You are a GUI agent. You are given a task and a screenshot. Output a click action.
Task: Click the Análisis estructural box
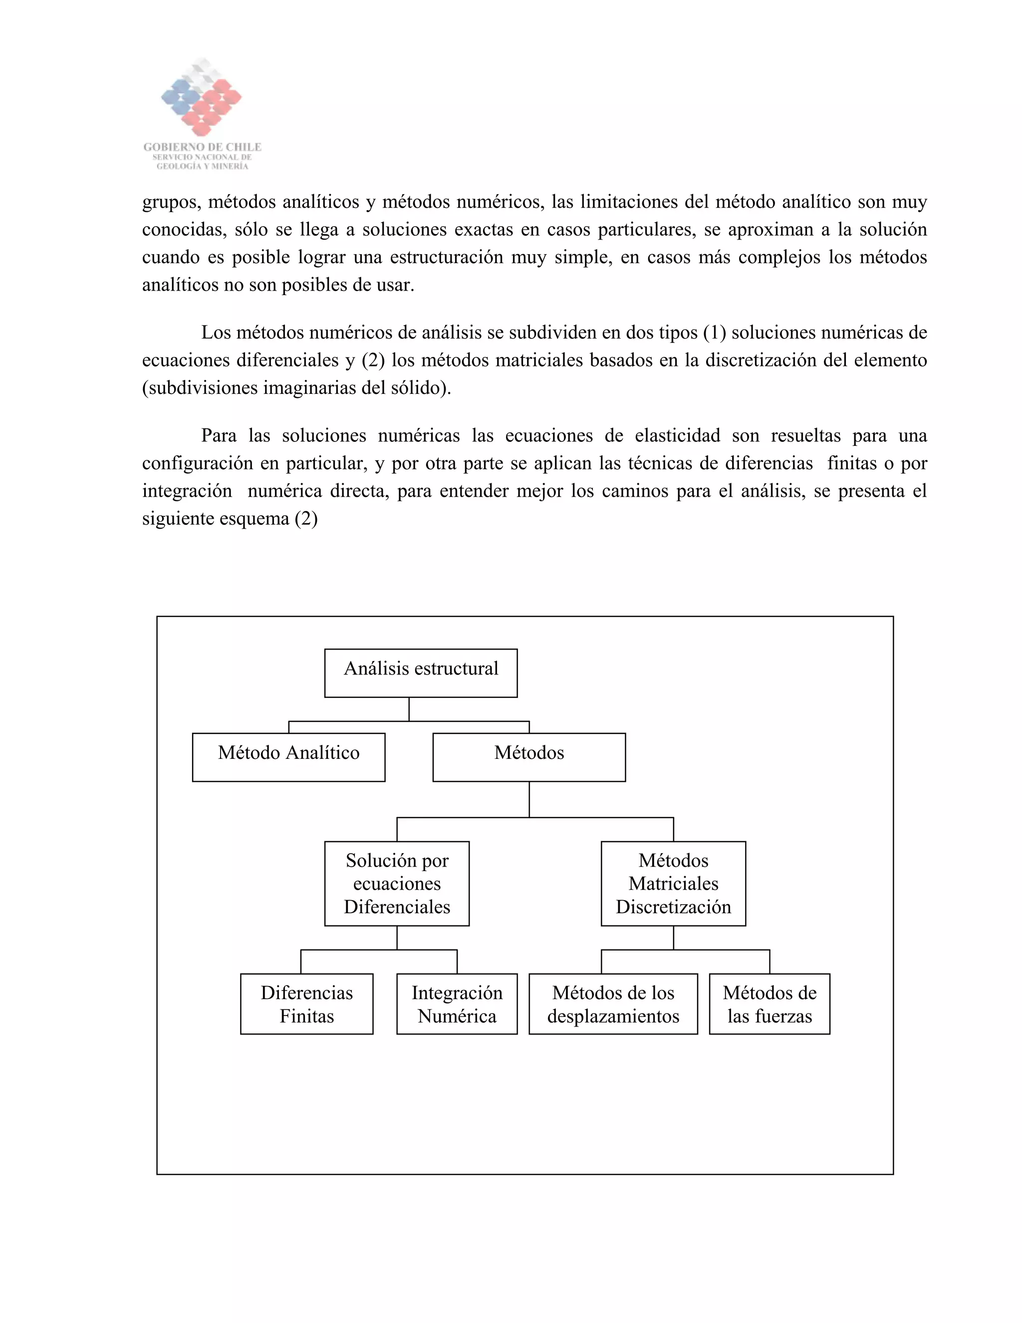pyautogui.click(x=421, y=673)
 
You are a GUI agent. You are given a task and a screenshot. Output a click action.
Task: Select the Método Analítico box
pyautogui.click(x=289, y=757)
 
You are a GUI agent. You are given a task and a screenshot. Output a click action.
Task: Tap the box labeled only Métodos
pyautogui.click(x=529, y=757)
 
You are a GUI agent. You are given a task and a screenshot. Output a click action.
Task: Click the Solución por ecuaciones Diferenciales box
pyautogui.click(x=397, y=884)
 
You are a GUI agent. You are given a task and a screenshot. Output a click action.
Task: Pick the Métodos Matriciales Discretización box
pyautogui.click(x=673, y=884)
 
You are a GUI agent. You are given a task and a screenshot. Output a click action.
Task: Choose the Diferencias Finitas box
pyautogui.click(x=306, y=1004)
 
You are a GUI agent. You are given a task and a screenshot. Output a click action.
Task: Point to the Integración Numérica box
pyautogui.click(x=457, y=1004)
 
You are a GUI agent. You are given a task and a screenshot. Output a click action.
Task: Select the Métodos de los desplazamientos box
pyautogui.click(x=613, y=1004)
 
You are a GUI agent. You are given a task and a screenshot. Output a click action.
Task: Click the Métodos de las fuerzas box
pyautogui.click(x=769, y=1004)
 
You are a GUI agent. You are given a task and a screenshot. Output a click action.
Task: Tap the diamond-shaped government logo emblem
pyautogui.click(x=202, y=97)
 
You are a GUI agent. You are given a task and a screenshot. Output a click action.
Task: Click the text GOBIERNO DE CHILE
pyautogui.click(x=202, y=147)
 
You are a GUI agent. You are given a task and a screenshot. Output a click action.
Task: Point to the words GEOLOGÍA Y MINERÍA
pyautogui.click(x=202, y=166)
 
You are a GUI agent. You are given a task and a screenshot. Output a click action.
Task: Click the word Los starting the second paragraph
pyautogui.click(x=216, y=332)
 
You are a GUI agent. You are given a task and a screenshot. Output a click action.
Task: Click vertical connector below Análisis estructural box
pyautogui.click(x=409, y=709)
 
